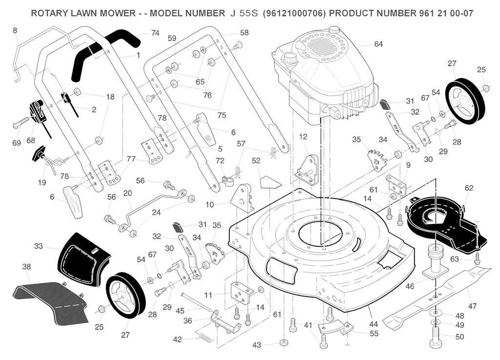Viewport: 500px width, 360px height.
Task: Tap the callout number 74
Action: point(155,33)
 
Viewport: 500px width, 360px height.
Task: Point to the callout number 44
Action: point(374,324)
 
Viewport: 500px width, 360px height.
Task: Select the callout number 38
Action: point(27,267)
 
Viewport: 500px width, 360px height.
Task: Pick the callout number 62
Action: point(469,188)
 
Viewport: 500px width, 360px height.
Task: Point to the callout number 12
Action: point(303,137)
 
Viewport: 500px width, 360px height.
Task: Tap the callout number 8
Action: point(15,31)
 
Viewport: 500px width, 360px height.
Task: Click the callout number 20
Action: point(127,193)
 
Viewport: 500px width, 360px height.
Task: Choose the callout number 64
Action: point(378,44)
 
